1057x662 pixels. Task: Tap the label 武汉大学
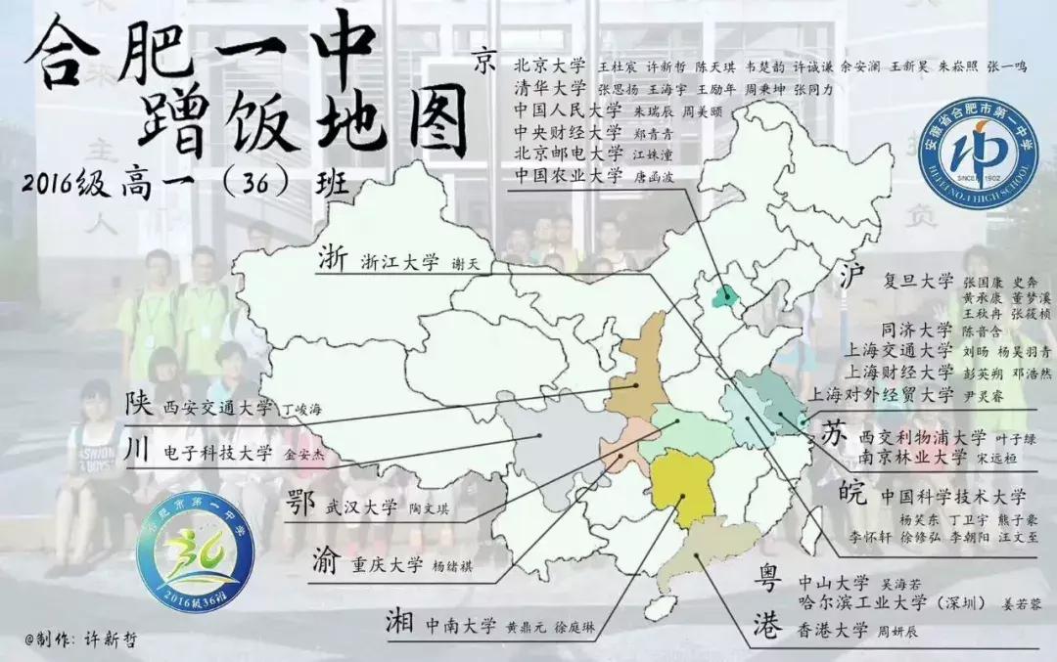pos(362,507)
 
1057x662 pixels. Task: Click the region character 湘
pos(401,622)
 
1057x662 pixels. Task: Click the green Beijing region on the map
pos(725,296)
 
